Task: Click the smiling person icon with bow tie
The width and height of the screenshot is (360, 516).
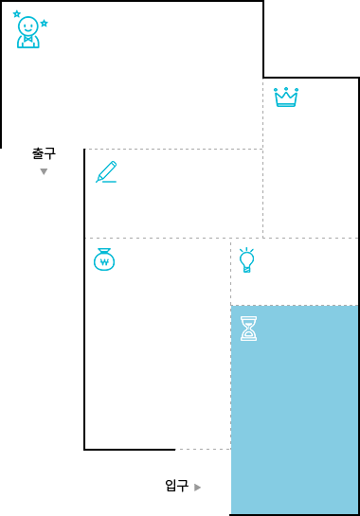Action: (x=28, y=32)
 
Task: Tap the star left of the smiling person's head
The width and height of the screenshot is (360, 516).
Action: (x=17, y=14)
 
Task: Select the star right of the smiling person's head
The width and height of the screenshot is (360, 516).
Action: (x=45, y=23)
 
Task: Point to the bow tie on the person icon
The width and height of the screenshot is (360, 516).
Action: (x=28, y=39)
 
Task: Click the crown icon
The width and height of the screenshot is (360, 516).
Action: (x=286, y=98)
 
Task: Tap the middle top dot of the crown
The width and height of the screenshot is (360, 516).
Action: (x=286, y=89)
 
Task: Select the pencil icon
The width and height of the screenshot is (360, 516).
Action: (x=106, y=171)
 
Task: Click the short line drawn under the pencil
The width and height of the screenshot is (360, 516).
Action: (x=109, y=182)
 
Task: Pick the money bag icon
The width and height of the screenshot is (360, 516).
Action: (x=104, y=259)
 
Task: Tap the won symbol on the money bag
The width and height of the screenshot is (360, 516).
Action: (x=104, y=262)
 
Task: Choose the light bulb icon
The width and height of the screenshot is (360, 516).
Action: (x=246, y=260)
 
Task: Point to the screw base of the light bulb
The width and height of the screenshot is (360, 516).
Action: (x=246, y=269)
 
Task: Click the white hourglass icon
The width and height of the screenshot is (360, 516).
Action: (x=248, y=329)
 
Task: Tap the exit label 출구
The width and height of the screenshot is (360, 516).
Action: (x=44, y=153)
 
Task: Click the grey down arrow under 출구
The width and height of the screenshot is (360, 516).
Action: (x=44, y=171)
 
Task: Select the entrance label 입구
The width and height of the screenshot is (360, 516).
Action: (x=176, y=486)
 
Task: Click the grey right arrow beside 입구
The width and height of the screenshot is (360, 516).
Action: (x=197, y=488)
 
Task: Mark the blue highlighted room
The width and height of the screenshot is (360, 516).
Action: (x=295, y=409)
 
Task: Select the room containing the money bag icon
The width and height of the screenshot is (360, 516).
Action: (x=158, y=344)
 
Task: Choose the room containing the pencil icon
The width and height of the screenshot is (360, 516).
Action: (x=174, y=193)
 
